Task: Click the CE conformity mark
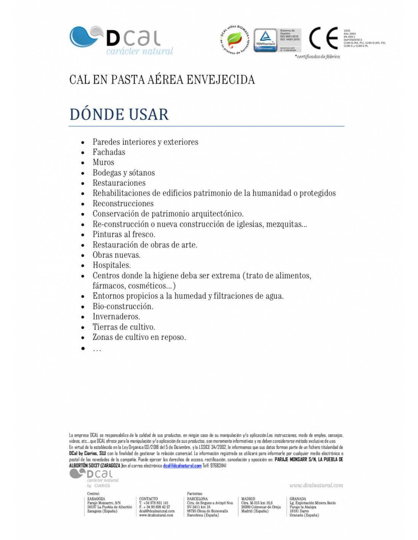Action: pyautogui.click(x=323, y=38)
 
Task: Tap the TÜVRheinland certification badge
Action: pyautogui.click(x=265, y=40)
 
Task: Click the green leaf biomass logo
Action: pyautogui.click(x=235, y=39)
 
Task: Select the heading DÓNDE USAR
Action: pyautogui.click(x=119, y=114)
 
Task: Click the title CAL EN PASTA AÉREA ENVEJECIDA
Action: pyautogui.click(x=162, y=80)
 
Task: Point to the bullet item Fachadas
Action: pyautogui.click(x=109, y=152)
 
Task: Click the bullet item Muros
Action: pyautogui.click(x=103, y=163)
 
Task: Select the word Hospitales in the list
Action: pyautogui.click(x=111, y=265)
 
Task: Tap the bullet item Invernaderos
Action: pyautogui.click(x=116, y=316)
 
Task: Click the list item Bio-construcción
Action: pyautogui.click(x=123, y=306)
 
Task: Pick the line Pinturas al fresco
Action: pyautogui.click(x=124, y=234)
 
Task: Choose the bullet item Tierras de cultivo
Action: pyautogui.click(x=124, y=327)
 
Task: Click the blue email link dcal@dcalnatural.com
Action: pyautogui.click(x=182, y=466)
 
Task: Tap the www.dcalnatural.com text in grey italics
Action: pyautogui.click(x=316, y=485)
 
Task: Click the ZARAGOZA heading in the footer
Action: pyautogui.click(x=96, y=499)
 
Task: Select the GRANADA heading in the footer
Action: pyautogui.click(x=298, y=499)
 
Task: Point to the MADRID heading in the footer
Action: pyautogui.click(x=248, y=499)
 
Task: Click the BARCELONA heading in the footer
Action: pyautogui.click(x=197, y=499)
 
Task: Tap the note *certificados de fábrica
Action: pyautogui.click(x=318, y=57)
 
